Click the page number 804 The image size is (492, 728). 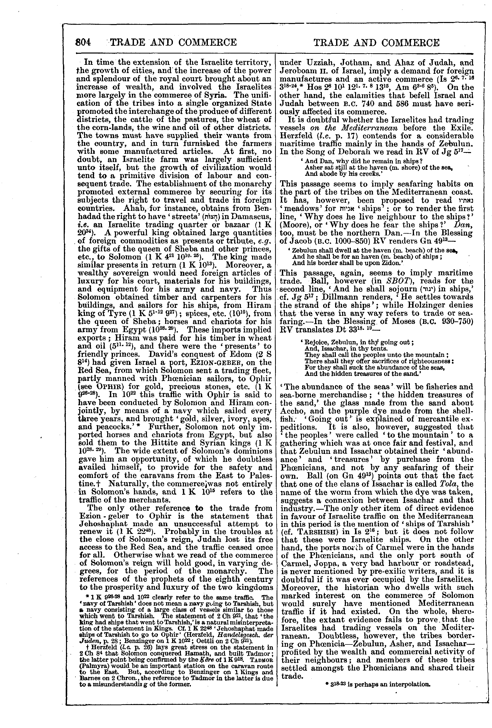tap(83, 42)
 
